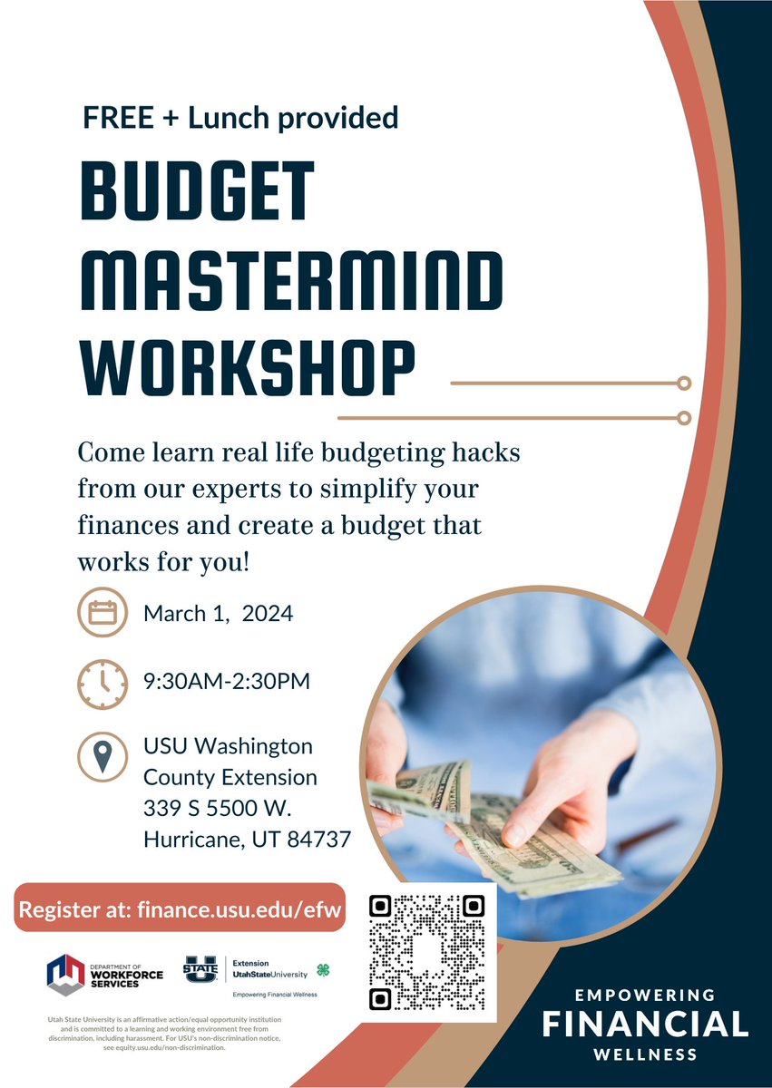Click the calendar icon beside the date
103,614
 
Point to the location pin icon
103,756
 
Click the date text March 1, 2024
218,614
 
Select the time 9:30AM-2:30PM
227,681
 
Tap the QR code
426,952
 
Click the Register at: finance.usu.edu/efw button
180,908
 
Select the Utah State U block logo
200,971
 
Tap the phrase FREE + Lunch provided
239,117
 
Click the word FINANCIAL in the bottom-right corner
645,1025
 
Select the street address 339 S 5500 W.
216,808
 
